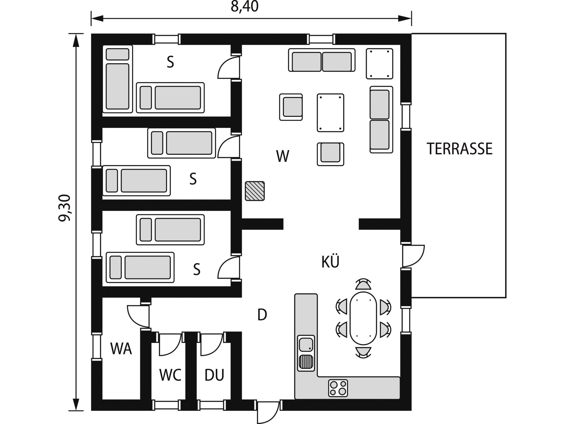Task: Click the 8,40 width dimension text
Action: pos(244,7)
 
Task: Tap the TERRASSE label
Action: pos(459,149)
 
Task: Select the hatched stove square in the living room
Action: pos(255,191)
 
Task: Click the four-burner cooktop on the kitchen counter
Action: pos(338,388)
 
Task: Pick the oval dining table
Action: pos(363,318)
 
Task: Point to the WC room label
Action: pos(170,375)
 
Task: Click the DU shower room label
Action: pos(214,375)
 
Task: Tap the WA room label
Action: pos(121,348)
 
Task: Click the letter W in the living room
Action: pos(282,156)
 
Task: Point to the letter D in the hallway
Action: pos(262,315)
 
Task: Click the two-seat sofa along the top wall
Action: pos(322,60)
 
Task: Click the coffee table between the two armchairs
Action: pos(330,112)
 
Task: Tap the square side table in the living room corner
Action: pos(379,64)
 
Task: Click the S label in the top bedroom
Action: pos(170,62)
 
